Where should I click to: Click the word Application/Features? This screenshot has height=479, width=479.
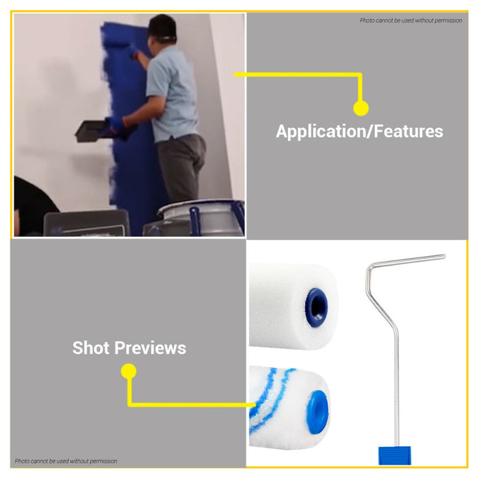pos(359,131)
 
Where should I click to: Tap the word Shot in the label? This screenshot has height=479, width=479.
pos(91,348)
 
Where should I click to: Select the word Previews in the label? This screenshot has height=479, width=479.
pos(151,348)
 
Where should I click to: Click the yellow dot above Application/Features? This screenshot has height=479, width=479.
pos(361,108)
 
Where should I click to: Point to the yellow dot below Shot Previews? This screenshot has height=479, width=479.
pos(129,371)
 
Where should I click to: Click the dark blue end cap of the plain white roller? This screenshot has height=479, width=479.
pos(316,307)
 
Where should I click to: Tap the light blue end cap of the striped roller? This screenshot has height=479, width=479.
pos(318,412)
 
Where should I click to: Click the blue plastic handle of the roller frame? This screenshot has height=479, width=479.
pos(394,456)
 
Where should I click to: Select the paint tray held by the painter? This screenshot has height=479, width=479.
pos(94,131)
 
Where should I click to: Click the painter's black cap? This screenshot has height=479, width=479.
pos(162,27)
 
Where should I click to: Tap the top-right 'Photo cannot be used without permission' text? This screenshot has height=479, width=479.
pos(411,21)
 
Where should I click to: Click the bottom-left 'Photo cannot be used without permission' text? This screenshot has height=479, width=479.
pos(66,461)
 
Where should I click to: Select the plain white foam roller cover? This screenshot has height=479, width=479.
pos(294,306)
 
